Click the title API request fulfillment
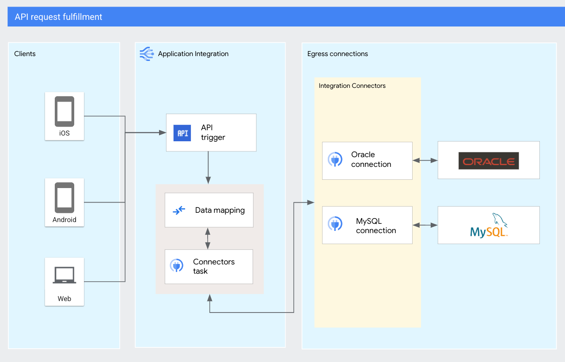click(x=58, y=17)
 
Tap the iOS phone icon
click(x=64, y=111)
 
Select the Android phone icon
click(x=64, y=197)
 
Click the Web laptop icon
click(x=64, y=275)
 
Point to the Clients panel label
click(x=25, y=54)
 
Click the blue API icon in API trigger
click(x=182, y=133)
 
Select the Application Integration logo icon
click(x=146, y=53)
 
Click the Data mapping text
click(x=220, y=210)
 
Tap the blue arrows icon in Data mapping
click(x=179, y=211)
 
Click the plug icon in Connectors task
click(x=177, y=266)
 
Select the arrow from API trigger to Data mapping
click(x=208, y=168)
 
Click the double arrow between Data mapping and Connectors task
click(x=208, y=238)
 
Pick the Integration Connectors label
click(x=352, y=86)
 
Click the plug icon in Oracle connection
click(x=335, y=159)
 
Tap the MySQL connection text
click(x=376, y=226)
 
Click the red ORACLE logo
click(x=489, y=161)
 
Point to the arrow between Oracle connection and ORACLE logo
click(x=425, y=161)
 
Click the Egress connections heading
click(x=337, y=54)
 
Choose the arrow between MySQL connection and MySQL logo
click(x=425, y=226)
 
